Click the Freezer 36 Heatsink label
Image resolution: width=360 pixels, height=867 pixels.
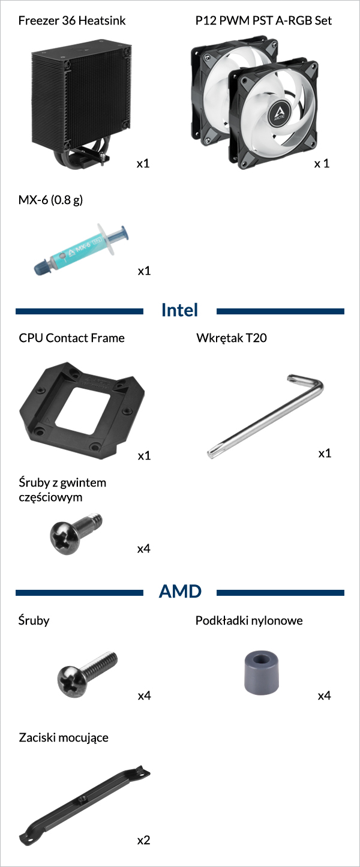[x=71, y=20]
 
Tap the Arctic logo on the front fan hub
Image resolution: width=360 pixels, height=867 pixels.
[x=280, y=113]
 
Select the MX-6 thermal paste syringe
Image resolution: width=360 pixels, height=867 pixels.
[x=81, y=249]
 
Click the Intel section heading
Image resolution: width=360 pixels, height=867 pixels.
[x=179, y=310]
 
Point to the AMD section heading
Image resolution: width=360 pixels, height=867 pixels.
[x=180, y=591]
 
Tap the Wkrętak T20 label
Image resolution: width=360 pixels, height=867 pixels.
[x=232, y=338]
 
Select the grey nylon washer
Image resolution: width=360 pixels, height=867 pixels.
[x=262, y=673]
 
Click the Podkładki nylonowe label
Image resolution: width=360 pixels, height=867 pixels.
[x=249, y=620]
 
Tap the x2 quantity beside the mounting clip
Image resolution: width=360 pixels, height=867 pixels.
[x=143, y=840]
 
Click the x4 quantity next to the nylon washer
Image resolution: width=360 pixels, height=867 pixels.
[x=325, y=695]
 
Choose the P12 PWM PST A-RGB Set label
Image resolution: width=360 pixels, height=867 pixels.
[x=263, y=20]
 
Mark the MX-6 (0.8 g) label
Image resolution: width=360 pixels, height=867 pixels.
[x=51, y=200]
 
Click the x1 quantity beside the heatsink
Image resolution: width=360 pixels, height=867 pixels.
[x=143, y=163]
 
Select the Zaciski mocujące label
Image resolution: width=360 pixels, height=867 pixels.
[x=64, y=738]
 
